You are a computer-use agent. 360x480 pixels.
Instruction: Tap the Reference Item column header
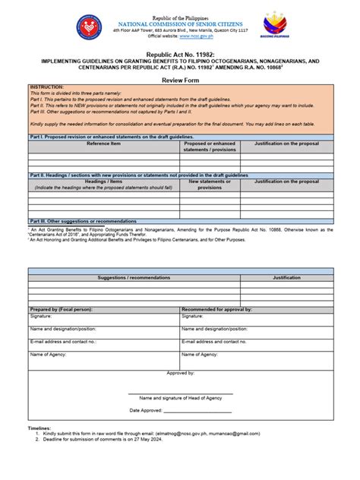tap(103, 143)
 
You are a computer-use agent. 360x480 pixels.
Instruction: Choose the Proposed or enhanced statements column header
tap(210, 146)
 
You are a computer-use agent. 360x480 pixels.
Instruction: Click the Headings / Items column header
tap(103, 182)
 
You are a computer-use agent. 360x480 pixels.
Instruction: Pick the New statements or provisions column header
tap(210, 185)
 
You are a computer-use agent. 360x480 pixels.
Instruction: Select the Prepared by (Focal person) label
tap(62, 310)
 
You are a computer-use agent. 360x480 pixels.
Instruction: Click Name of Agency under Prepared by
tap(49, 355)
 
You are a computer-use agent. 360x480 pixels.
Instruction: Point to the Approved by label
tap(180, 373)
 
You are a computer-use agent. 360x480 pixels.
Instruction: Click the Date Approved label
tap(146, 410)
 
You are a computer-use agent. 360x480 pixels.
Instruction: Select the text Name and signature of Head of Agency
tap(180, 398)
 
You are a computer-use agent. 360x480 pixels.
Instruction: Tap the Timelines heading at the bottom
tap(39, 428)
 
